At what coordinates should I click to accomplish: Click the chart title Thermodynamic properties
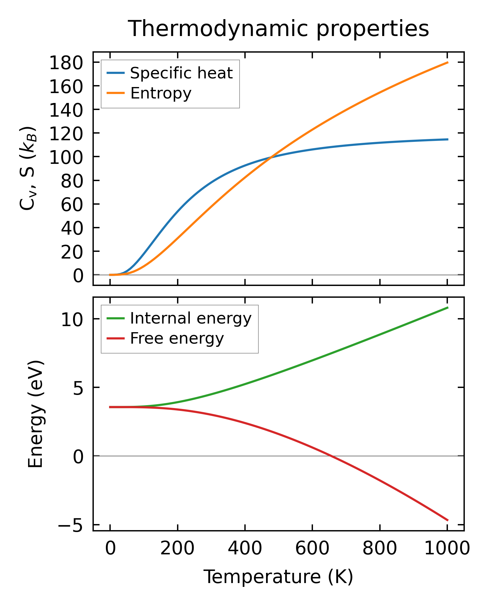278,29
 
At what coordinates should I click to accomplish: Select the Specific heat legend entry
181,73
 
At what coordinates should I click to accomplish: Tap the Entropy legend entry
161,93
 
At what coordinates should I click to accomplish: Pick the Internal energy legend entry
190,318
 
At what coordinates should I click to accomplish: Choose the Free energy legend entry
177,338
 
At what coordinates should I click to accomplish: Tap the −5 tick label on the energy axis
71,525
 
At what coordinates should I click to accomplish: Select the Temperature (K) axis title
278,577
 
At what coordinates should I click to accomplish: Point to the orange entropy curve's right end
448,62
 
